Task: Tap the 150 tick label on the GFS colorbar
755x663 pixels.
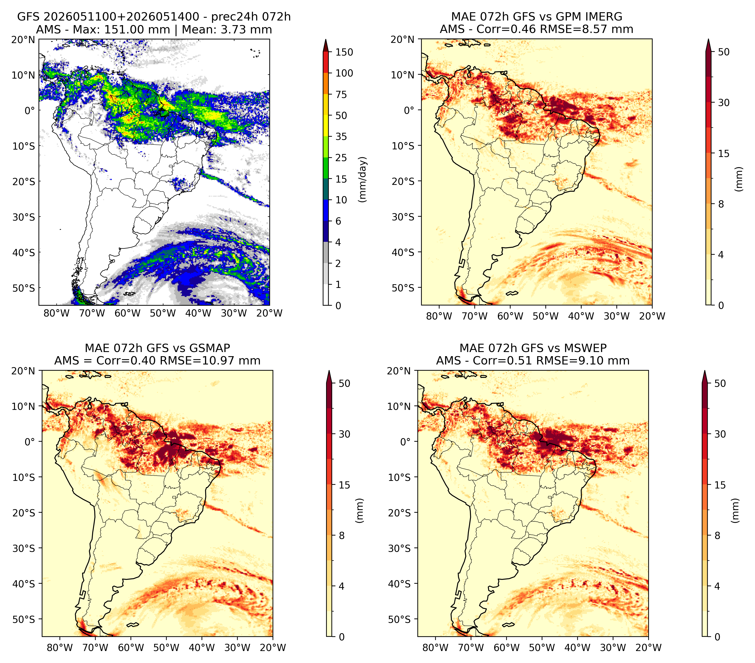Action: click(x=344, y=52)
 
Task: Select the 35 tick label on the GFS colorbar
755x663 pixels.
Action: click(x=341, y=136)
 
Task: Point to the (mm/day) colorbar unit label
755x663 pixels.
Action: click(x=363, y=179)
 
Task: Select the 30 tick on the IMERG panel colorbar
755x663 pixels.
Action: click(x=724, y=103)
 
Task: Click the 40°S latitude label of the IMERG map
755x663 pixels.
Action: click(x=403, y=252)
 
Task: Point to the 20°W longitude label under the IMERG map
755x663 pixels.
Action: click(x=652, y=316)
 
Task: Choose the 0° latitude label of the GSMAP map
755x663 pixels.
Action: click(x=30, y=441)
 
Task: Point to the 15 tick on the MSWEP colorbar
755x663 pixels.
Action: click(x=720, y=485)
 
